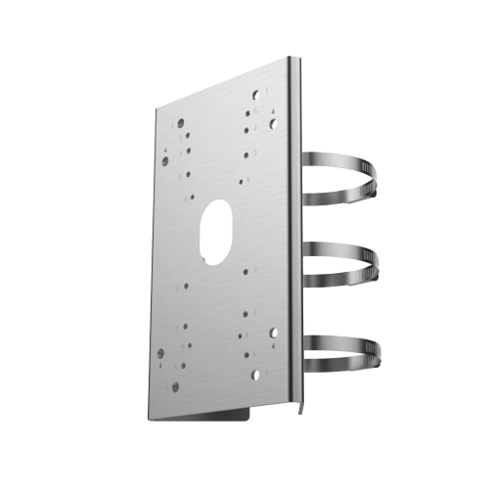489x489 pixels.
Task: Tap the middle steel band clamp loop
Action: tap(354, 262)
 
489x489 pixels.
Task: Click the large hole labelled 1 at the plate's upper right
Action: tap(255, 95)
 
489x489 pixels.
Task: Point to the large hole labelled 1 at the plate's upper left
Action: tap(181, 123)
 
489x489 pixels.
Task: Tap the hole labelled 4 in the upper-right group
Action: tap(273, 124)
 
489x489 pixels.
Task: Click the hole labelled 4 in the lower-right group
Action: tap(273, 333)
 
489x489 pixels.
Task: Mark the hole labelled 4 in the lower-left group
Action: tap(160, 353)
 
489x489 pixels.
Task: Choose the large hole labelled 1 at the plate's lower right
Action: tap(255, 375)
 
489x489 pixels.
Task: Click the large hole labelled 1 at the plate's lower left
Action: tap(175, 386)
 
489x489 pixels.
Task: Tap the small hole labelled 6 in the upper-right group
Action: tap(241, 182)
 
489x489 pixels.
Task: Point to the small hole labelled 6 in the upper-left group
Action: tap(193, 197)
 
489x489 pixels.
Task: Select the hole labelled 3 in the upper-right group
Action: tap(246, 155)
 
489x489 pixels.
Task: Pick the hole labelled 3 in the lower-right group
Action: tap(245, 314)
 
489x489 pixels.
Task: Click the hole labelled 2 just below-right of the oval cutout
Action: tap(245, 272)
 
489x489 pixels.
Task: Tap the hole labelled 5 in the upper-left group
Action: tap(188, 135)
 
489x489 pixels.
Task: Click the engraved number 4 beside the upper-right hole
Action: tap(273, 111)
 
